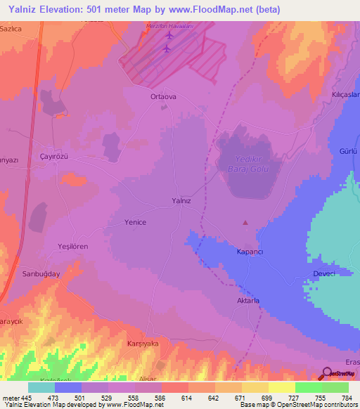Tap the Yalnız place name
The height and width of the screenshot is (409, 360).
coord(181,200)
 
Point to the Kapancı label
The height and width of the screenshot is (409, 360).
coord(249,251)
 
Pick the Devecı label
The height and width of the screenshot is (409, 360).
coord(323,273)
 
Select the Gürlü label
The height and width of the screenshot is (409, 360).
coord(349,152)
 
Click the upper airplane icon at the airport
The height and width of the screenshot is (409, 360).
coord(169,34)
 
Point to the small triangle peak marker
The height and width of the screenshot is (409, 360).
coord(245,223)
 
